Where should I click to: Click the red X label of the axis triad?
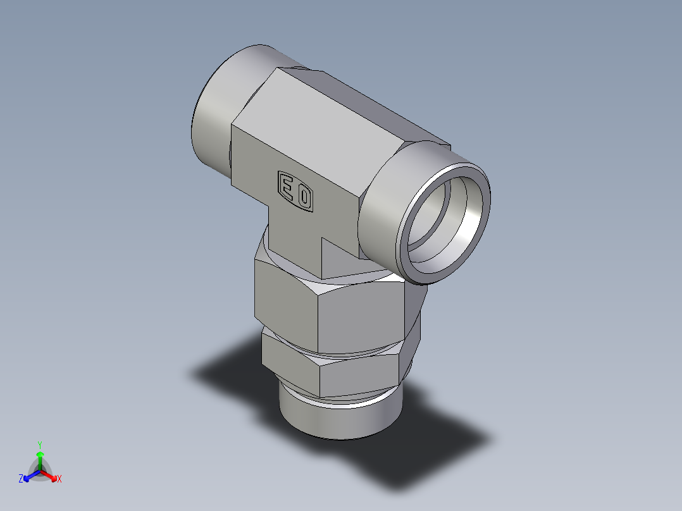tap(59, 479)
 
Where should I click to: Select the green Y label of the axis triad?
tap(40, 444)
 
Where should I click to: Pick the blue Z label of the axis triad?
tap(21, 479)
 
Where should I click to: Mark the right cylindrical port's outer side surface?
tap(386, 209)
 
